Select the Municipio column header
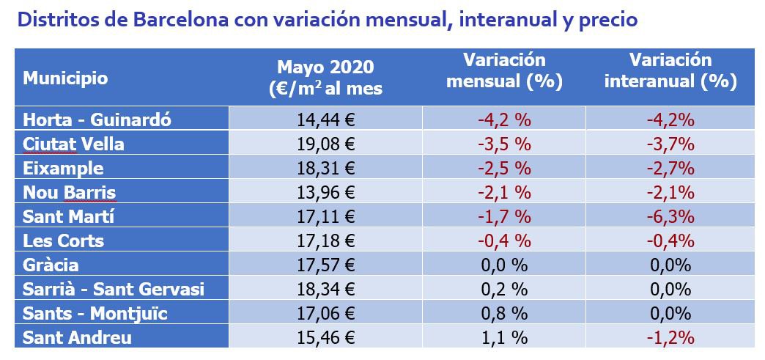click(x=65, y=78)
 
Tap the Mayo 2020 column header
click(x=325, y=77)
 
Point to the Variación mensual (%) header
click(x=504, y=70)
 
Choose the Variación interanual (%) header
click(x=670, y=70)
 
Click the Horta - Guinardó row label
click(x=97, y=120)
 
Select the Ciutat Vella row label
click(x=73, y=144)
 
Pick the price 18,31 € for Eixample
click(x=325, y=168)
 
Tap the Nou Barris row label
click(x=69, y=192)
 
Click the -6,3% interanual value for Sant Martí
click(x=670, y=216)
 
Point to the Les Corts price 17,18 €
click(x=325, y=240)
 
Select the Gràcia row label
click(x=51, y=265)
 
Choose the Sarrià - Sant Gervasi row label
click(x=113, y=289)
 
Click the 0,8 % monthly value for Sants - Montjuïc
click(x=504, y=313)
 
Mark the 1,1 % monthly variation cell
click(x=504, y=337)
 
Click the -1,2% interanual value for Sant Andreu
click(x=670, y=337)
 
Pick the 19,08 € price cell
click(x=325, y=144)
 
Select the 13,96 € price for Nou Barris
click(x=325, y=192)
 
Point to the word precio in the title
click(x=605, y=20)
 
